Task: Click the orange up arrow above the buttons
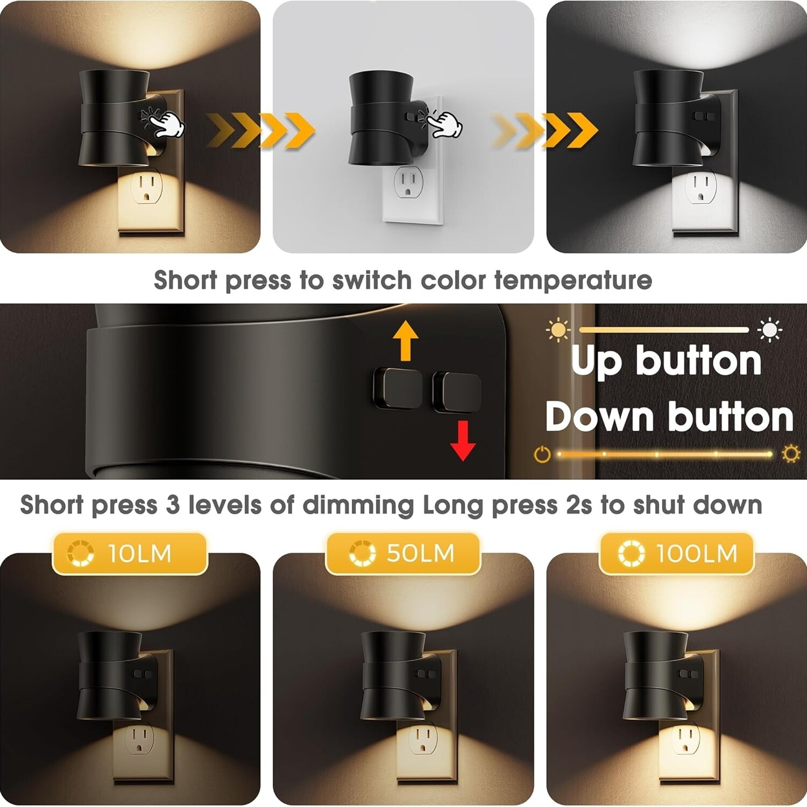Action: (x=406, y=340)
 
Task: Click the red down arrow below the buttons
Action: (x=462, y=441)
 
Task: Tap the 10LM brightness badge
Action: (x=130, y=554)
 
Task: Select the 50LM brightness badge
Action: (x=403, y=554)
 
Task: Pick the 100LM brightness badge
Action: (x=677, y=554)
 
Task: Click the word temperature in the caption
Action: (x=573, y=280)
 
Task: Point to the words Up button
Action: (x=666, y=360)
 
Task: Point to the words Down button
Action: (x=669, y=417)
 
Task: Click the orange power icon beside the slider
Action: (x=542, y=455)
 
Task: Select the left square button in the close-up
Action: (x=398, y=388)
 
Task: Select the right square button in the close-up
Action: (x=457, y=391)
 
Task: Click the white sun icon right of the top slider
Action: (x=770, y=330)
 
